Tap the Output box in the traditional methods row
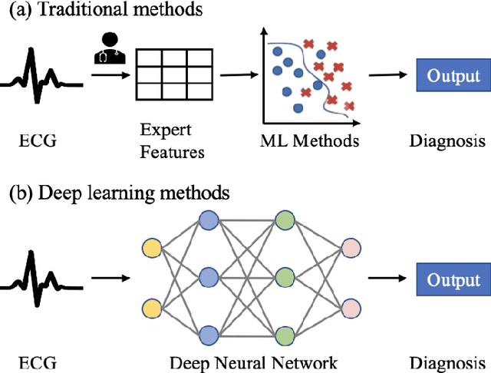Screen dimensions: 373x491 pyautogui.click(x=453, y=76)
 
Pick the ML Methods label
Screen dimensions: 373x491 pyautogui.click(x=308, y=140)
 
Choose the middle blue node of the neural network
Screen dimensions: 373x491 pyautogui.click(x=208, y=276)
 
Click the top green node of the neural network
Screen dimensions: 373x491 pyautogui.click(x=284, y=220)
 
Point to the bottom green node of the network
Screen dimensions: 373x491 pyautogui.click(x=284, y=334)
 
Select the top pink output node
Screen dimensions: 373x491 pyautogui.click(x=351, y=248)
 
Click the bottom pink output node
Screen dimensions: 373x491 pyautogui.click(x=351, y=307)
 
